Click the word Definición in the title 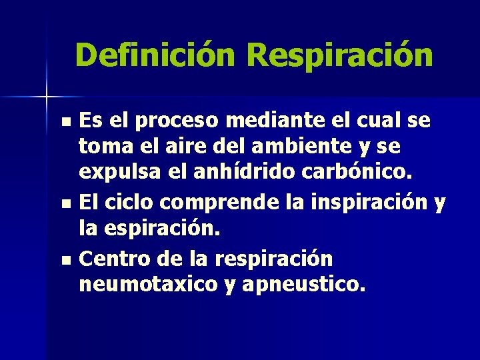coord(155,55)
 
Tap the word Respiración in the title coord(340,55)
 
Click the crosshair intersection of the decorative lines coord(47,97)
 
